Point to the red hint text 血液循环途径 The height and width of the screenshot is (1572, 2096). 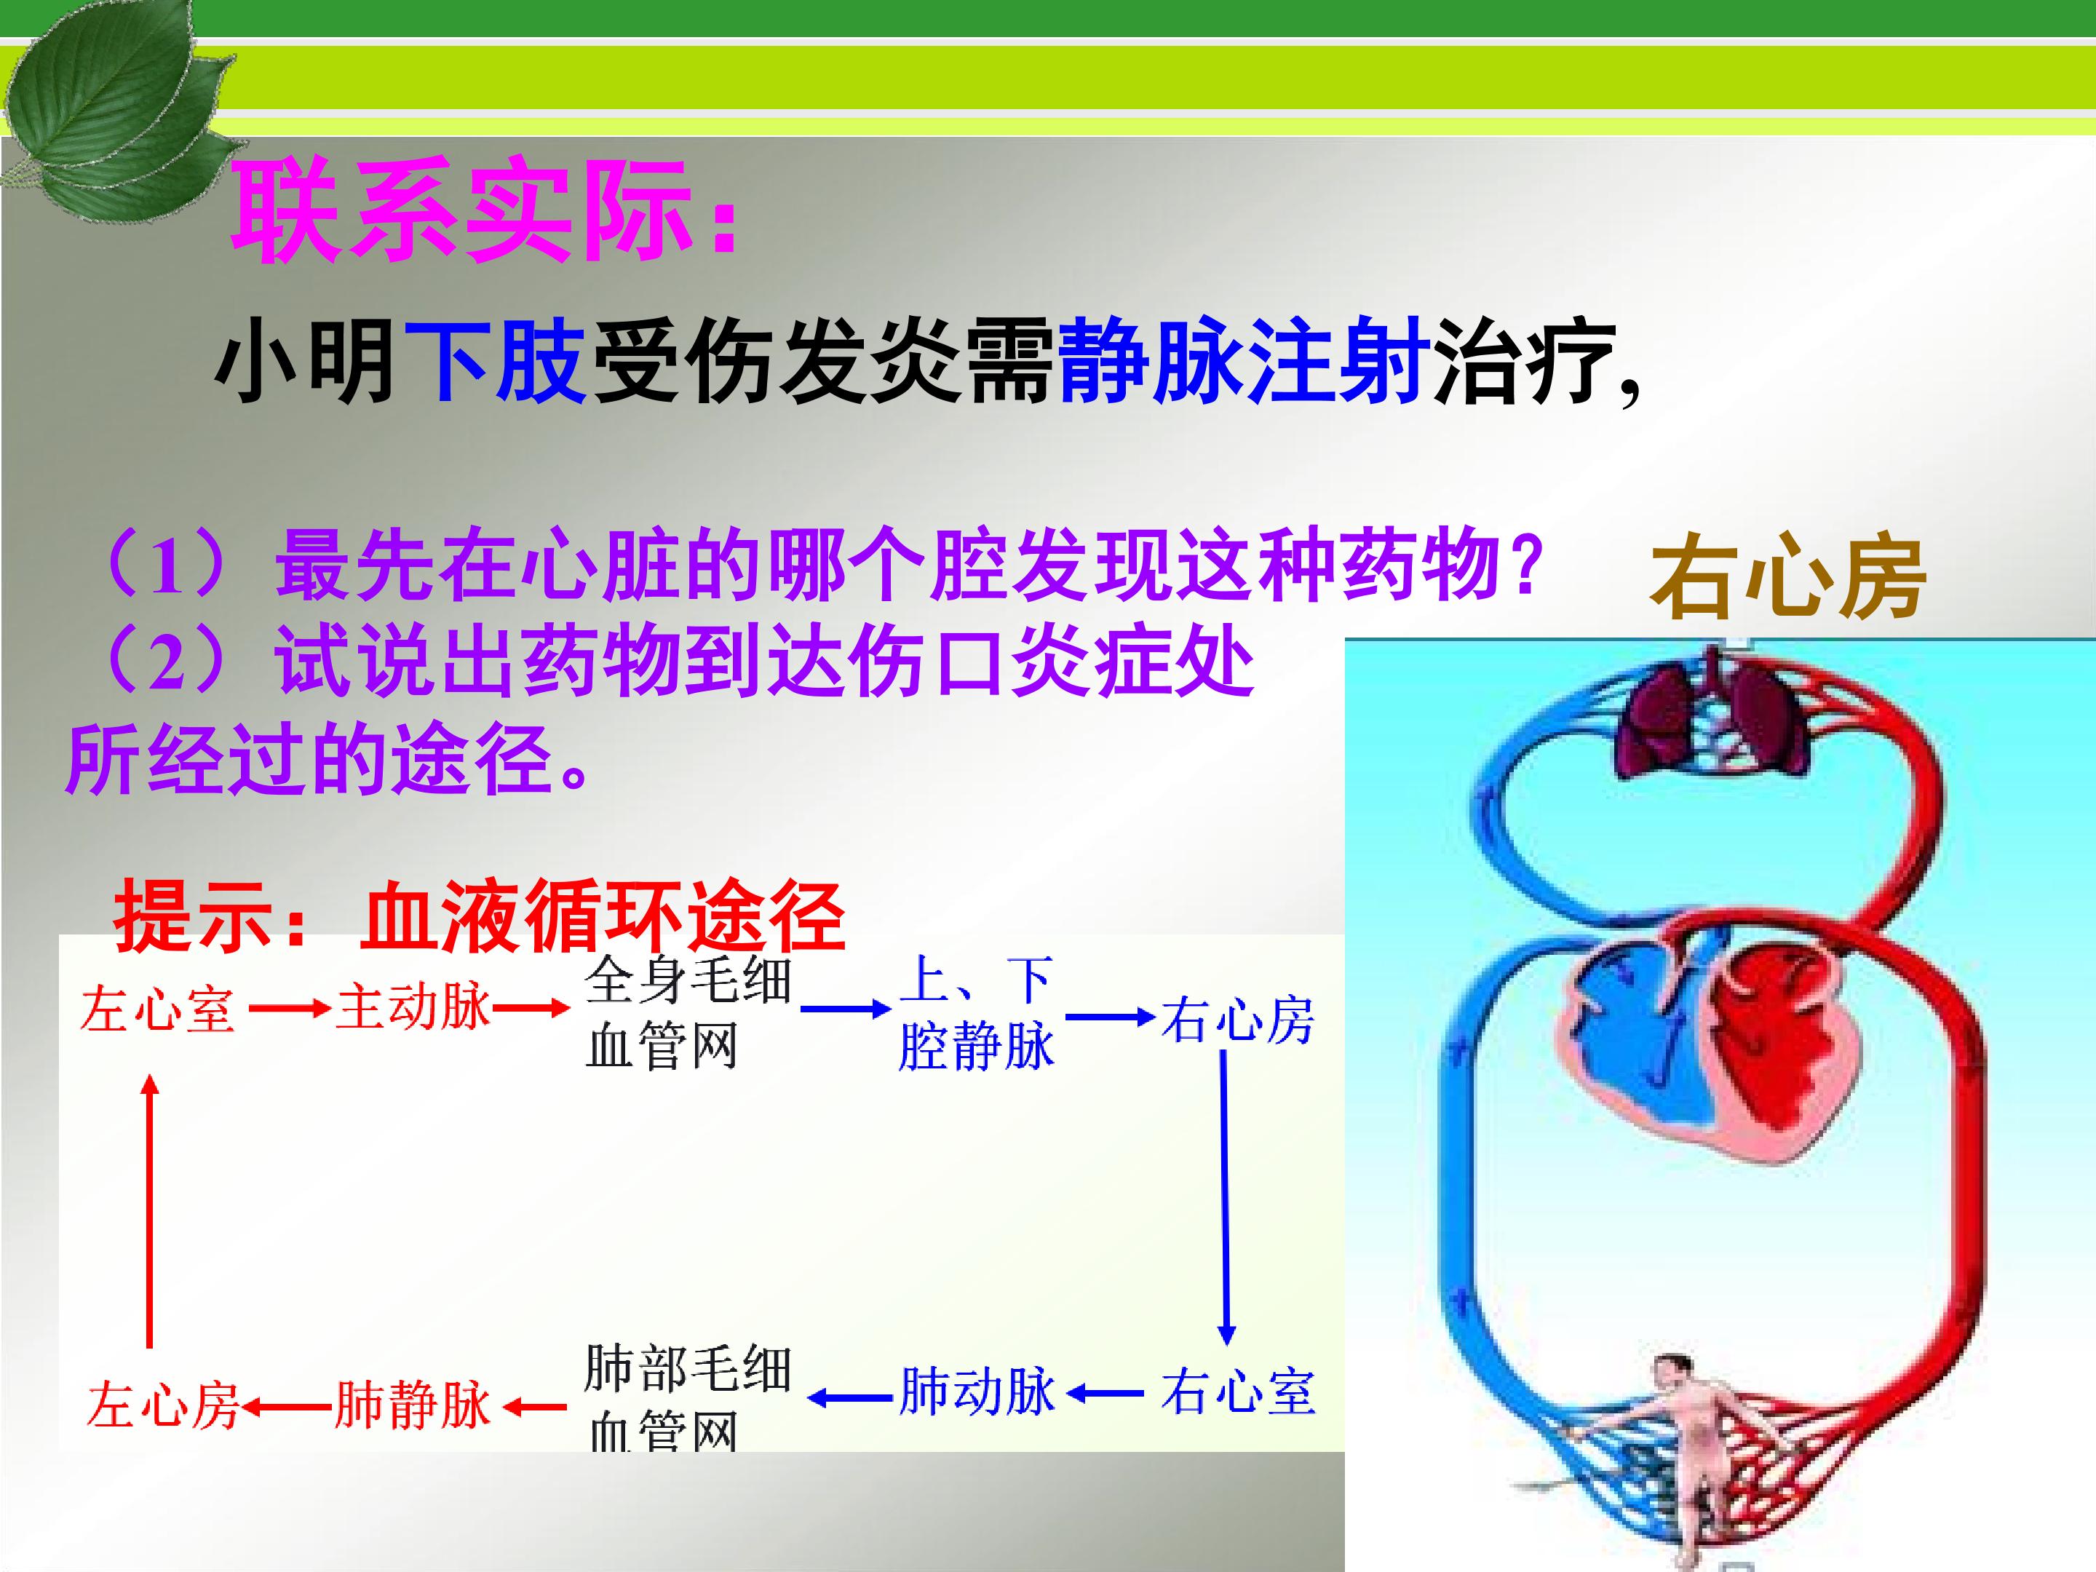(x=603, y=916)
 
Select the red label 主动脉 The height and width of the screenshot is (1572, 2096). (x=414, y=1007)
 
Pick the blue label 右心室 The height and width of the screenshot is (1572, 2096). (x=1237, y=1392)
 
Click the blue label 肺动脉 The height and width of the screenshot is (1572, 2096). (x=976, y=1392)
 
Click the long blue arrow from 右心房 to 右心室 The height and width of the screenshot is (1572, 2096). (x=1224, y=1198)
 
